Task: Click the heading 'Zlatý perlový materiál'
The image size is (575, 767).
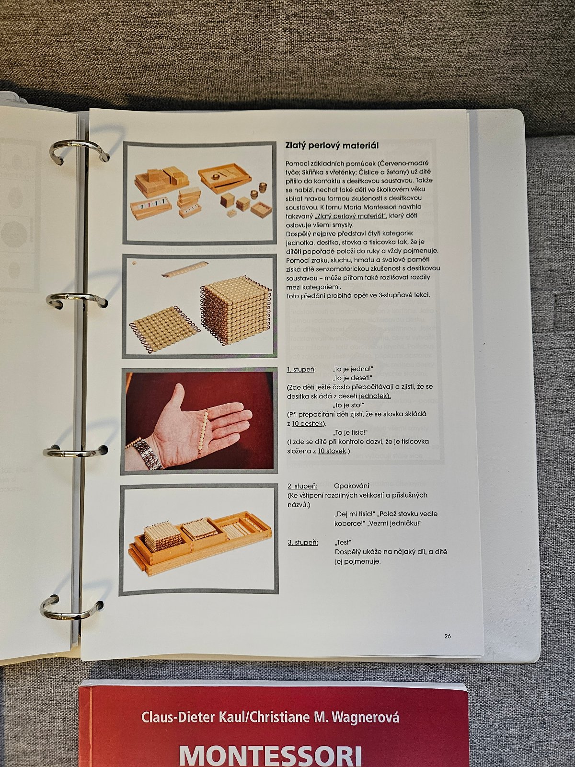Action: point(332,145)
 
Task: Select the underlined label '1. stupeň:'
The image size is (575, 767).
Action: point(301,369)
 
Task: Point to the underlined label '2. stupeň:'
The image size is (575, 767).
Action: point(302,486)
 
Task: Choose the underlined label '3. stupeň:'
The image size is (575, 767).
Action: point(303,543)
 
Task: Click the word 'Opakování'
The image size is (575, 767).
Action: point(352,486)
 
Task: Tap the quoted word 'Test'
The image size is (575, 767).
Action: point(343,542)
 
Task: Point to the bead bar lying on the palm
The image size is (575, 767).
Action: point(203,431)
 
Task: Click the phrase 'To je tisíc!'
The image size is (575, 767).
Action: point(350,432)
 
